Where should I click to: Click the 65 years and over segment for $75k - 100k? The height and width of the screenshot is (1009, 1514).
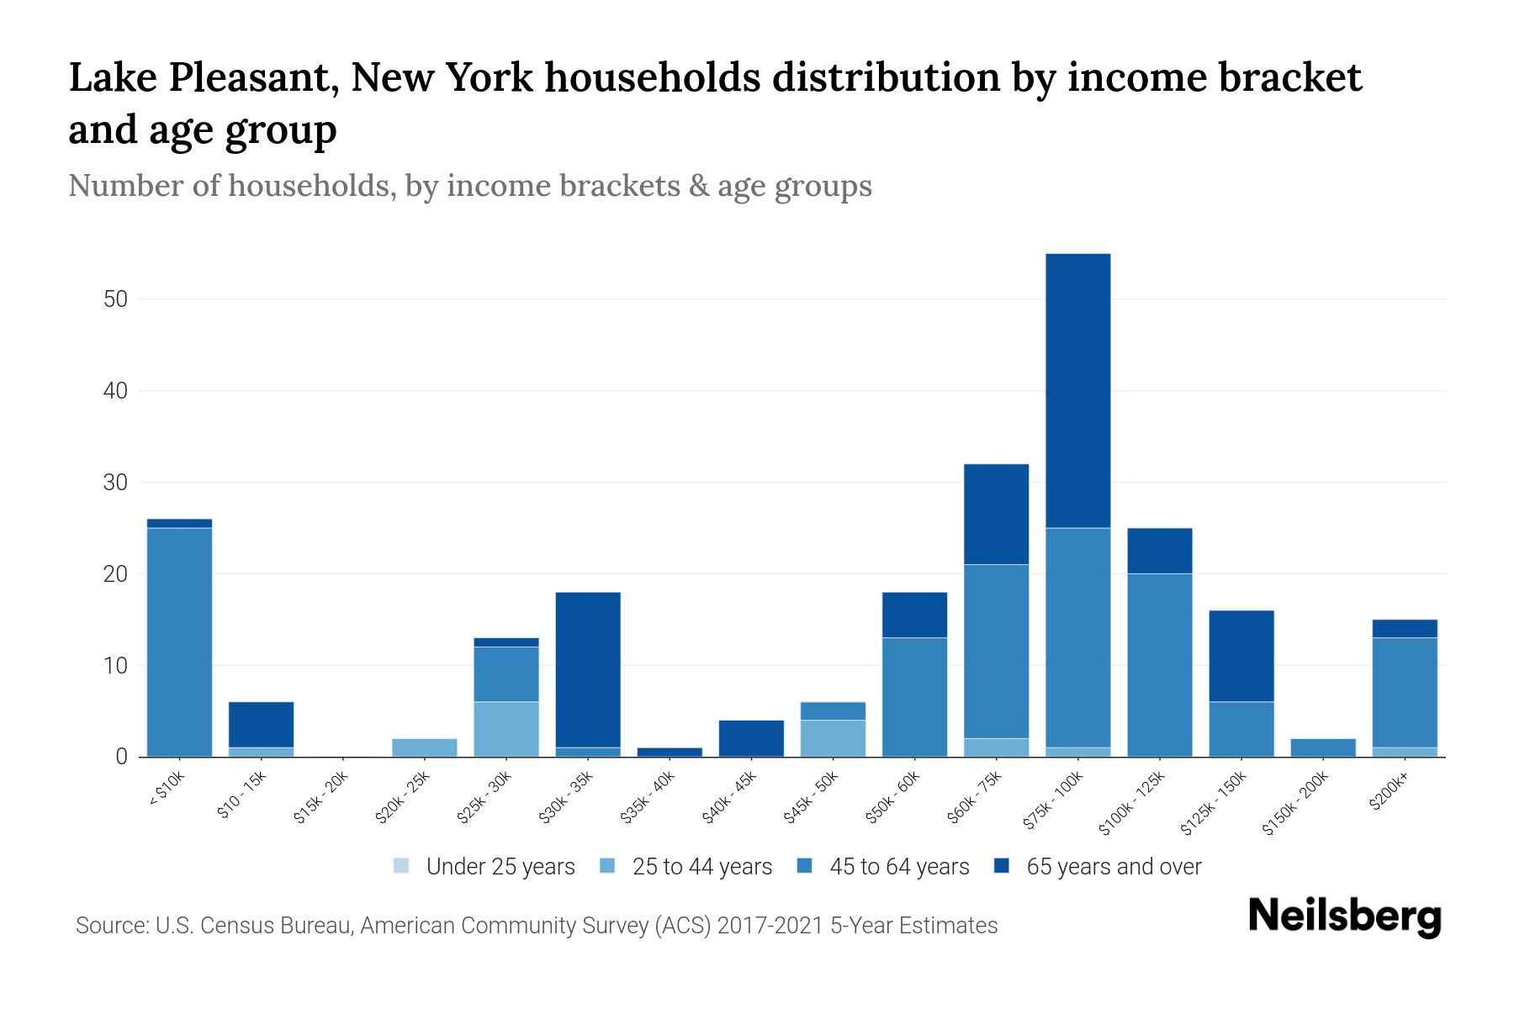(x=1077, y=391)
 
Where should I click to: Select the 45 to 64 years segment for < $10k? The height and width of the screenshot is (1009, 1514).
(x=179, y=642)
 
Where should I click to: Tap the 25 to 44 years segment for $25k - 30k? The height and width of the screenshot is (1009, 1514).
(x=506, y=729)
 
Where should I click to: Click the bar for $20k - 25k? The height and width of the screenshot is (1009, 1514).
(x=425, y=748)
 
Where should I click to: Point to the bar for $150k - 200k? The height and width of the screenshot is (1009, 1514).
(x=1323, y=748)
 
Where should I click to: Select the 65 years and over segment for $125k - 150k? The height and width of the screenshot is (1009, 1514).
(x=1241, y=656)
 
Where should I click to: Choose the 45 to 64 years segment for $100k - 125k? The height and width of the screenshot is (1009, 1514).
(x=1159, y=665)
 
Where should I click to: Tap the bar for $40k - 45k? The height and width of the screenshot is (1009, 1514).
(x=751, y=738)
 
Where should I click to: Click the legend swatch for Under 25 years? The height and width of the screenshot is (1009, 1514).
(x=402, y=866)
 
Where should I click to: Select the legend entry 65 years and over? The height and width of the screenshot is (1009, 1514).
(x=1113, y=866)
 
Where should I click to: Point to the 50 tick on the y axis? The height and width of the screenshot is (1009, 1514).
(x=113, y=299)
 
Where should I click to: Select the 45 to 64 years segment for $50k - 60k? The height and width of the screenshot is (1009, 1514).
(x=914, y=697)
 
